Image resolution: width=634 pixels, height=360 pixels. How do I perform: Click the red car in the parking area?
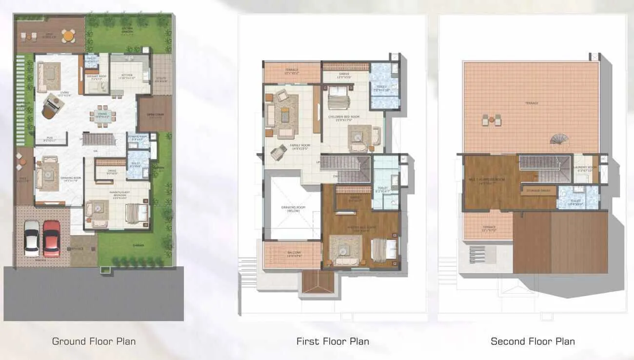pyautogui.click(x=51, y=238)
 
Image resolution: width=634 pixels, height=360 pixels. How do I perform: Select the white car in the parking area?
pyautogui.click(x=32, y=238)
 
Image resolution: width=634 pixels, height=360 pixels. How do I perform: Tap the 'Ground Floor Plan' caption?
pyautogui.click(x=94, y=341)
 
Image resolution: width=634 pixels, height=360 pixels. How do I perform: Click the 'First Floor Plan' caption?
pyautogui.click(x=333, y=341)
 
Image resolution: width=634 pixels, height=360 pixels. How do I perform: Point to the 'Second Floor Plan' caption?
pyautogui.click(x=533, y=341)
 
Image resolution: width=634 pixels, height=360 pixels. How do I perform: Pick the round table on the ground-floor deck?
pyautogui.click(x=69, y=35)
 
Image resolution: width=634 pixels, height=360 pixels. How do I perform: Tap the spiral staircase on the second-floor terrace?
pyautogui.click(x=559, y=139)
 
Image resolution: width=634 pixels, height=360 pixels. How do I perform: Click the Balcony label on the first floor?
pyautogui.click(x=292, y=253)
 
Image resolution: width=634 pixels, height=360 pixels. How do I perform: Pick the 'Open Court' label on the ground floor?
pyautogui.click(x=154, y=116)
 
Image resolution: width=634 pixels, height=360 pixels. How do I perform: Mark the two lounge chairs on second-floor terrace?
pyautogui.click(x=491, y=120)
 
